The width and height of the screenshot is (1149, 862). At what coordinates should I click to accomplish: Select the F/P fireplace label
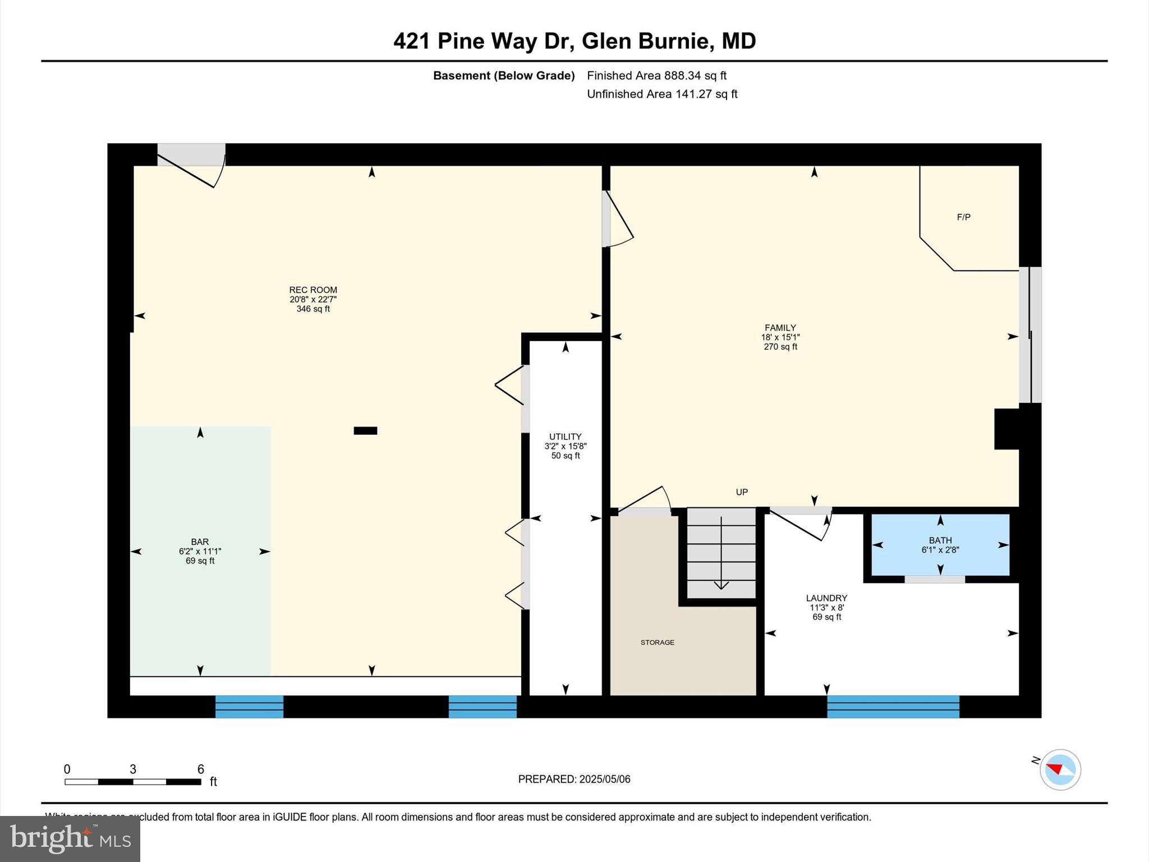click(x=963, y=217)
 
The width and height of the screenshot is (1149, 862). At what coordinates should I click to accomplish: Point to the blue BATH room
click(x=940, y=545)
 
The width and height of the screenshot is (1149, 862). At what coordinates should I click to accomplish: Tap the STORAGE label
click(x=657, y=643)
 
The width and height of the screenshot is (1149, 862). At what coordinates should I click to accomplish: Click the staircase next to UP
click(x=721, y=553)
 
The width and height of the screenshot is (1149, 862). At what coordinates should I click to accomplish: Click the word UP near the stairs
click(x=742, y=492)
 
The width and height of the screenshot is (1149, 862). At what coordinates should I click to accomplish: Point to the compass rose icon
click(x=1060, y=769)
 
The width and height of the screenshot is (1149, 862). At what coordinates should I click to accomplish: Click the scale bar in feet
click(x=133, y=781)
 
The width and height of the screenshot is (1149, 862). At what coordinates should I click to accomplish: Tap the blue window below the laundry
click(x=893, y=707)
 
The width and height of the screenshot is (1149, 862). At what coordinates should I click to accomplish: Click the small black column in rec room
click(x=365, y=430)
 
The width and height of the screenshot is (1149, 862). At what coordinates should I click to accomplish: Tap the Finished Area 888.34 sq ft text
click(x=656, y=75)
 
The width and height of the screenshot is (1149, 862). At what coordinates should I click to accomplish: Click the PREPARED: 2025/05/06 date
click(x=574, y=779)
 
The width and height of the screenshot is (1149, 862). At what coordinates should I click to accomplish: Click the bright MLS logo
click(x=70, y=838)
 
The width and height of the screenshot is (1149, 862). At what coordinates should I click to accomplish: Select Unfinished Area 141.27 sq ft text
click(x=662, y=94)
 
